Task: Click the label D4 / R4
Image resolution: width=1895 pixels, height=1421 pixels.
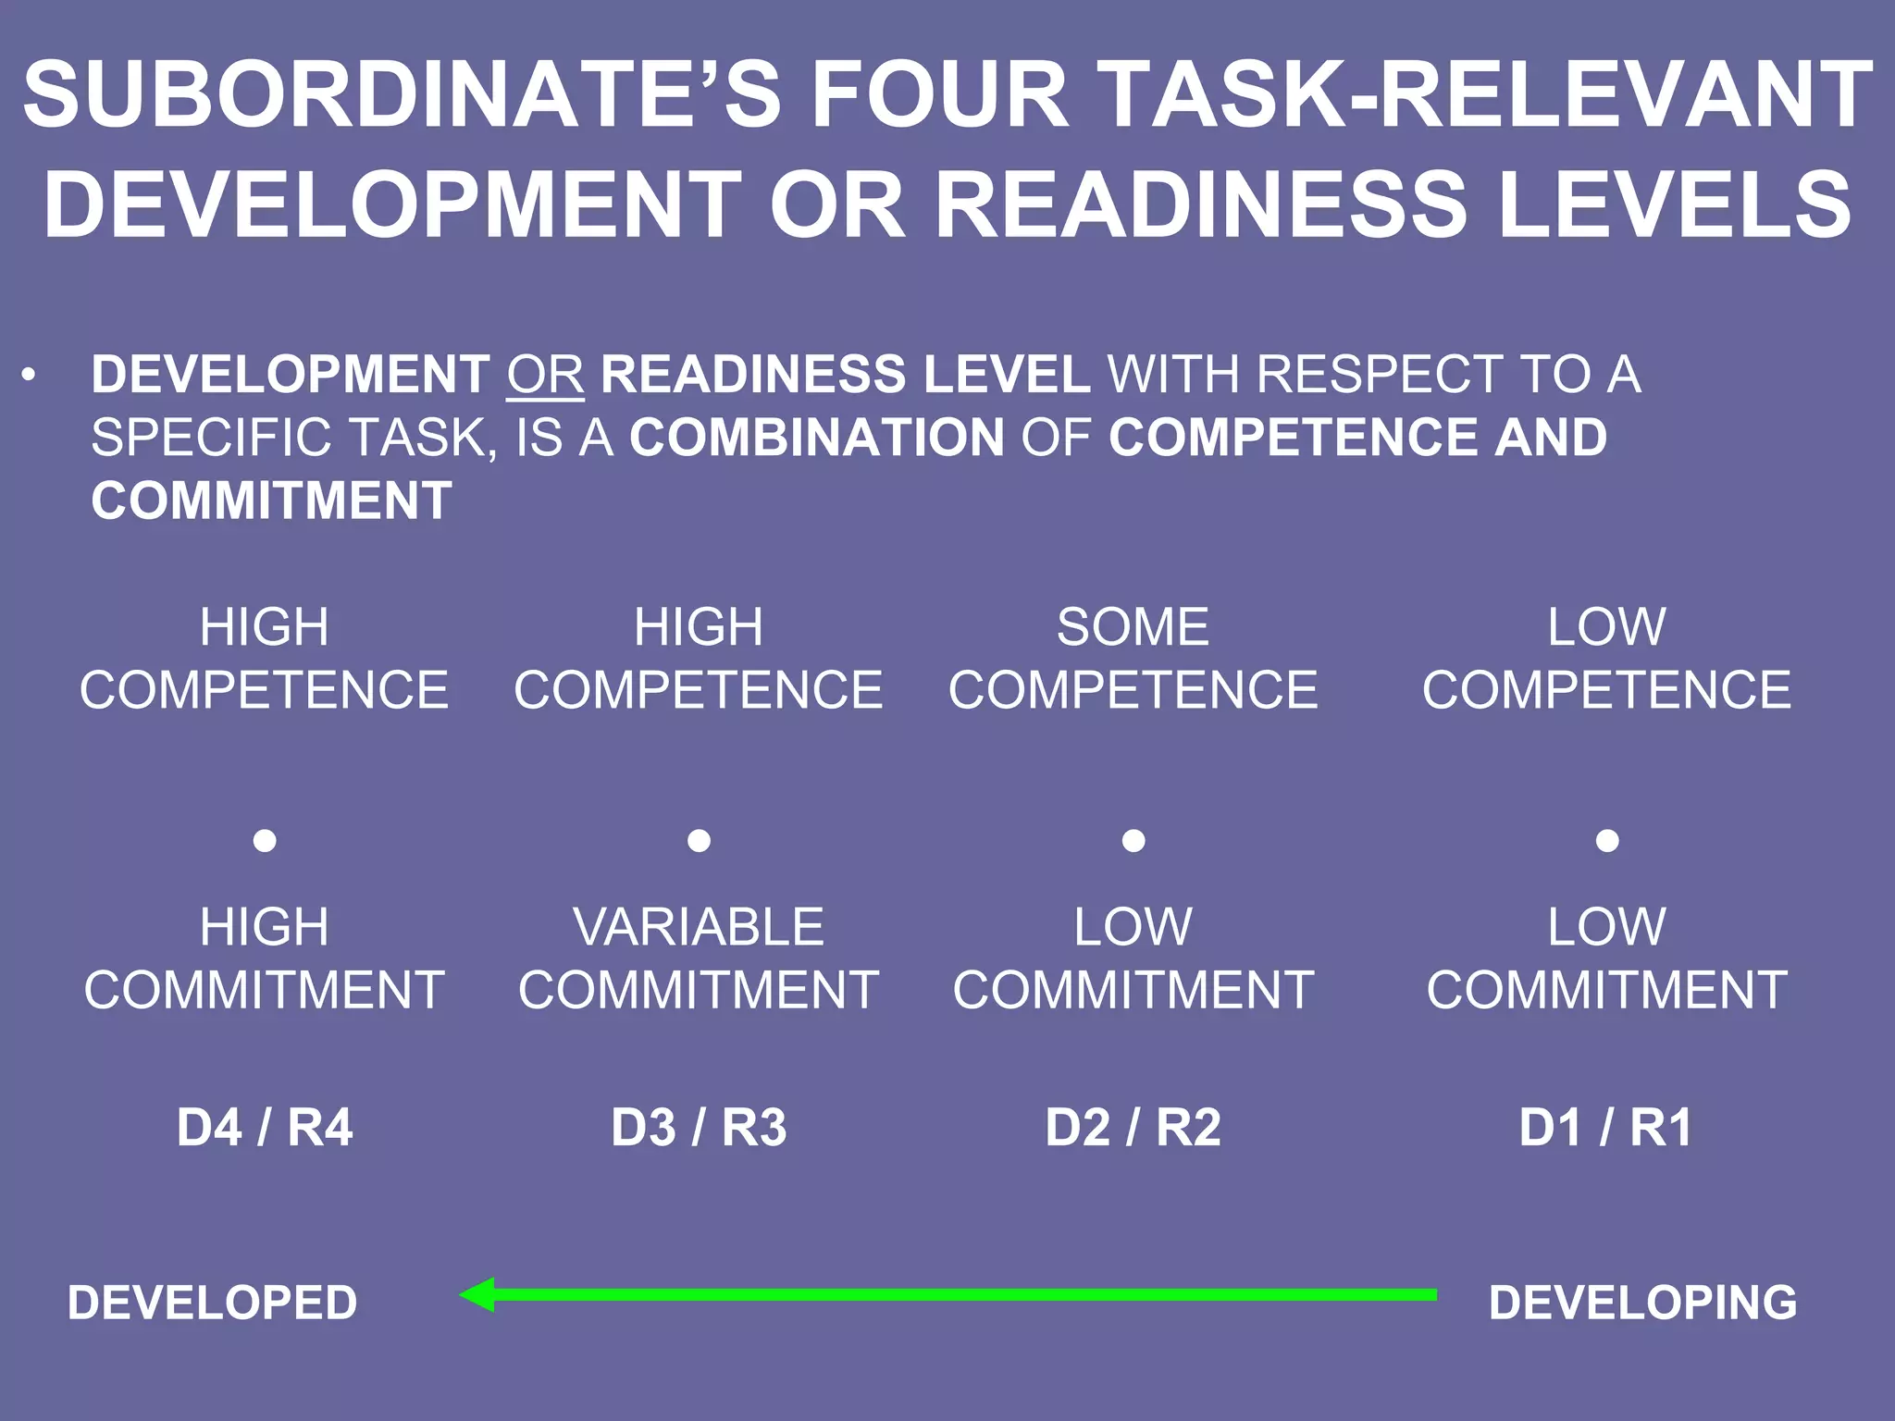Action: [x=265, y=1128]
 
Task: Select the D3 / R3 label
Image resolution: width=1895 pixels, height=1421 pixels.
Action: [x=699, y=1128]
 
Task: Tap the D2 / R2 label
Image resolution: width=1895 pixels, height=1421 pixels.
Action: [x=1133, y=1128]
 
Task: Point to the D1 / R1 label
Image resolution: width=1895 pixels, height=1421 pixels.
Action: [x=1606, y=1128]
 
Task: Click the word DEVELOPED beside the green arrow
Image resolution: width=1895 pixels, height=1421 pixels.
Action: [x=212, y=1303]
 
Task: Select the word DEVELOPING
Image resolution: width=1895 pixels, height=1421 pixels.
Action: [x=1642, y=1303]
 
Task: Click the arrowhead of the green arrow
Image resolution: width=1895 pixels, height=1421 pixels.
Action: [x=477, y=1294]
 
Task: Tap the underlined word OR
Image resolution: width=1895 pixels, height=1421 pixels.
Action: [x=545, y=375]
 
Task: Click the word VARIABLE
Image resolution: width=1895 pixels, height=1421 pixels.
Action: [x=699, y=927]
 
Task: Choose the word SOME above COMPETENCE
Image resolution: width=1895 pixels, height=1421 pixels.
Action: [x=1133, y=627]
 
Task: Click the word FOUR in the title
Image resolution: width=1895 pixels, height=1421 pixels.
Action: [x=940, y=94]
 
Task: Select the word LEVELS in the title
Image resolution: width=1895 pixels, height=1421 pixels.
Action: [x=1675, y=205]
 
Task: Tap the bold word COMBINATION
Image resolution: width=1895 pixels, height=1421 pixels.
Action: [x=817, y=438]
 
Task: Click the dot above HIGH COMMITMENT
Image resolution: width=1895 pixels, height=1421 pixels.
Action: [x=265, y=840]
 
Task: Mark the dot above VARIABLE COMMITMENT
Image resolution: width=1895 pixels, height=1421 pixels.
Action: [x=699, y=840]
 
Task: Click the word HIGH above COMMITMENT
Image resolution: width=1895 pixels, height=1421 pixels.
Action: [x=265, y=927]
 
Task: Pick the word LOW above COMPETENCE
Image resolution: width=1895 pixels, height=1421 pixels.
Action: [x=1606, y=627]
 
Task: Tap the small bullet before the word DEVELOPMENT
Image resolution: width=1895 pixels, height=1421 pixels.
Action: [x=30, y=376]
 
